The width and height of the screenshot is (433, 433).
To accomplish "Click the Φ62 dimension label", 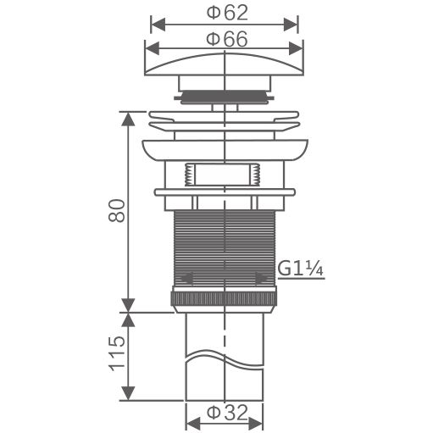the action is click(227, 13).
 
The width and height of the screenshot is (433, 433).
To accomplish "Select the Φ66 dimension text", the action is click(227, 39).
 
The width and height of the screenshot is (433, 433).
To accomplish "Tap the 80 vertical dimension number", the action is click(116, 211).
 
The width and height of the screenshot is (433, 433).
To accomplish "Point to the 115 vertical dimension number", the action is click(116, 353).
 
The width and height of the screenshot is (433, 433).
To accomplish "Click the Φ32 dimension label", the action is click(227, 413).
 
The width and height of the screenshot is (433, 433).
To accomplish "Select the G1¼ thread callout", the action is click(300, 269).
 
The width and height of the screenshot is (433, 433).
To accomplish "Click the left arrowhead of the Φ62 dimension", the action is click(158, 25).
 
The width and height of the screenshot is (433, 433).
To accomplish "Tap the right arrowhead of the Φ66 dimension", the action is click(296, 48).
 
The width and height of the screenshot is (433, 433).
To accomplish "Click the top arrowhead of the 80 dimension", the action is click(128, 119).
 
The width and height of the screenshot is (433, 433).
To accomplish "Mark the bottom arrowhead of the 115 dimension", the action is click(128, 393).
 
